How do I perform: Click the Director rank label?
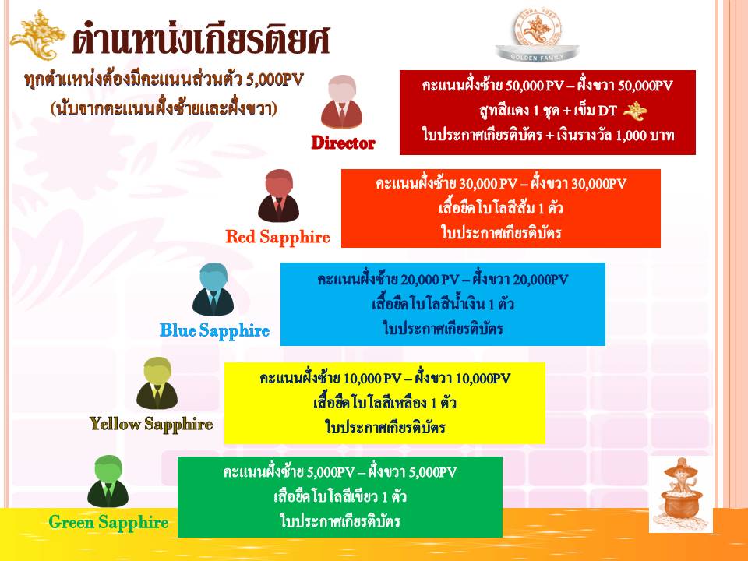point(343,143)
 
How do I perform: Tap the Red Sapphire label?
point(277,237)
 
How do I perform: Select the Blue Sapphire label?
point(215,330)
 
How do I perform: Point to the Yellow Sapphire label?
point(151,424)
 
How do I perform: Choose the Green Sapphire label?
point(109,522)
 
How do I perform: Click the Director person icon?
point(341,101)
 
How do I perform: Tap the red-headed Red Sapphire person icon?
point(279,196)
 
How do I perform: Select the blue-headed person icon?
point(213,289)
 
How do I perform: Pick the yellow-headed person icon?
point(157,383)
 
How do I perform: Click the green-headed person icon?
point(108,481)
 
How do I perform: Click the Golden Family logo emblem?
point(537,34)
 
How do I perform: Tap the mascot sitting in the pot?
point(681,495)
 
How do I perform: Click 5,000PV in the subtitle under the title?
point(275,79)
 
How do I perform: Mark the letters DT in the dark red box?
point(607,111)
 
